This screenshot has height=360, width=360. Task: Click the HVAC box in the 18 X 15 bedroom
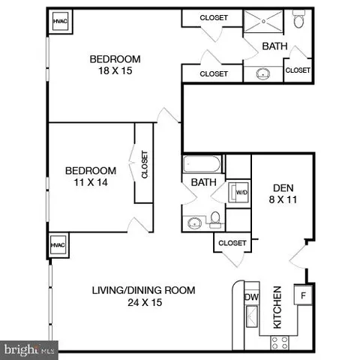click(59, 22)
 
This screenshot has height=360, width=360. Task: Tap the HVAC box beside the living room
click(58, 244)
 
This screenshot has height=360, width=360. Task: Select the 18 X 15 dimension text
click(115, 72)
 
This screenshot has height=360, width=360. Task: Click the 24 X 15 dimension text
click(143, 303)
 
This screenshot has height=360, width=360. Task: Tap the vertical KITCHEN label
click(277, 307)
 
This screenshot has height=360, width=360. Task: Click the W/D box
click(241, 191)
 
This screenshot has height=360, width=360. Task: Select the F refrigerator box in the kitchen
click(304, 295)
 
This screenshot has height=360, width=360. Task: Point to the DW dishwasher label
click(250, 298)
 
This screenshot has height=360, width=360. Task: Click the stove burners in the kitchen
click(280, 341)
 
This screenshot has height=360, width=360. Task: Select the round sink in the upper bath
click(264, 73)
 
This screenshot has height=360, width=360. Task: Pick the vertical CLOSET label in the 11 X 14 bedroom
click(144, 165)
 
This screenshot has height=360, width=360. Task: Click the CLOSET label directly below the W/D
click(232, 243)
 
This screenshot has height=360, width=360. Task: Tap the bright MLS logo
click(29, 349)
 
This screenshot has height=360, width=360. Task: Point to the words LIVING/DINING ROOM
click(143, 290)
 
